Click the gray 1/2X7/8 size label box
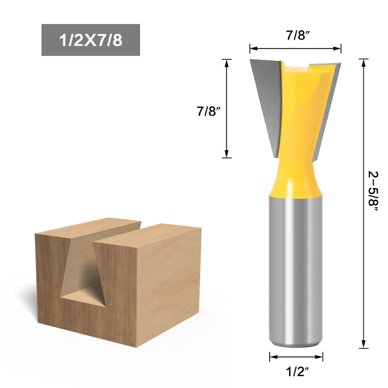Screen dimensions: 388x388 [x=91, y=40]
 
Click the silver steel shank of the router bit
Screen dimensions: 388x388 [x=296, y=272]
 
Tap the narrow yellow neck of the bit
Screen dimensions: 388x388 [x=296, y=175]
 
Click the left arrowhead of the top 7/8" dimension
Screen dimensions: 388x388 [x=252, y=48]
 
